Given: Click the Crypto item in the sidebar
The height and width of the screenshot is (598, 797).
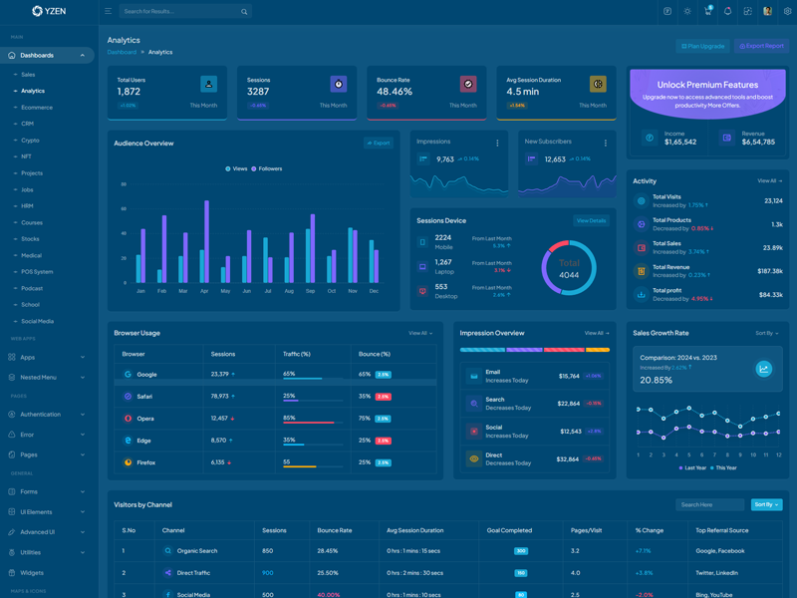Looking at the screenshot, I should click(x=31, y=141).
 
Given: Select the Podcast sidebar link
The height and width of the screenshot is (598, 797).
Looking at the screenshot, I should click(x=32, y=288).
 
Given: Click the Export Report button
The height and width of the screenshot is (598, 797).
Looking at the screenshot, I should click(x=762, y=46).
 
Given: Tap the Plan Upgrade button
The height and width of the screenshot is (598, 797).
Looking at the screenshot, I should click(x=702, y=46).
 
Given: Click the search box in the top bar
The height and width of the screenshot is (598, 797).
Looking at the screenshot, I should click(x=179, y=12).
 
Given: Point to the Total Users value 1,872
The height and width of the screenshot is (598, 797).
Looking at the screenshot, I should click(x=129, y=92).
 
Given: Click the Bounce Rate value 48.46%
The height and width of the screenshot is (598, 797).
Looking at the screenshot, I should click(x=395, y=92).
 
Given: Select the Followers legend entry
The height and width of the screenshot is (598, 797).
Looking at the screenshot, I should click(x=270, y=169).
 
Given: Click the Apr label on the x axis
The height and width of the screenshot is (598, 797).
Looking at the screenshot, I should click(x=204, y=291).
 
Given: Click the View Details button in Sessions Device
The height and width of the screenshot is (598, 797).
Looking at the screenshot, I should click(x=591, y=220).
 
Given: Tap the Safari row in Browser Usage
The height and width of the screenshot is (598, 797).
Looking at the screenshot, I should click(x=145, y=397).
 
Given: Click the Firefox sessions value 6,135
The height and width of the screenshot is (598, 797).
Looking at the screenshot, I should click(x=218, y=462).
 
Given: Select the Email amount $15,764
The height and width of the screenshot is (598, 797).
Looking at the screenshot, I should click(x=569, y=376).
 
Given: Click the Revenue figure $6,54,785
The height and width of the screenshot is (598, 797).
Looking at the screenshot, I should click(x=758, y=142).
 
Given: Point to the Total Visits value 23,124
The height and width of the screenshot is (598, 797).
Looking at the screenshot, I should click(x=773, y=201).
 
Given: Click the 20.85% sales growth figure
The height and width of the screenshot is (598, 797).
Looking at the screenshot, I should click(x=656, y=380).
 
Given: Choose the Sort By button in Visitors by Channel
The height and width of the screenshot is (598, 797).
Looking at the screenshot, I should click(x=766, y=504).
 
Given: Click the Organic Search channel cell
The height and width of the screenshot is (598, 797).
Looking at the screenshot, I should click(x=197, y=550).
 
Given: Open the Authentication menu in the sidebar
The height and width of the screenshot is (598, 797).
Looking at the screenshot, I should click(x=41, y=414).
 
